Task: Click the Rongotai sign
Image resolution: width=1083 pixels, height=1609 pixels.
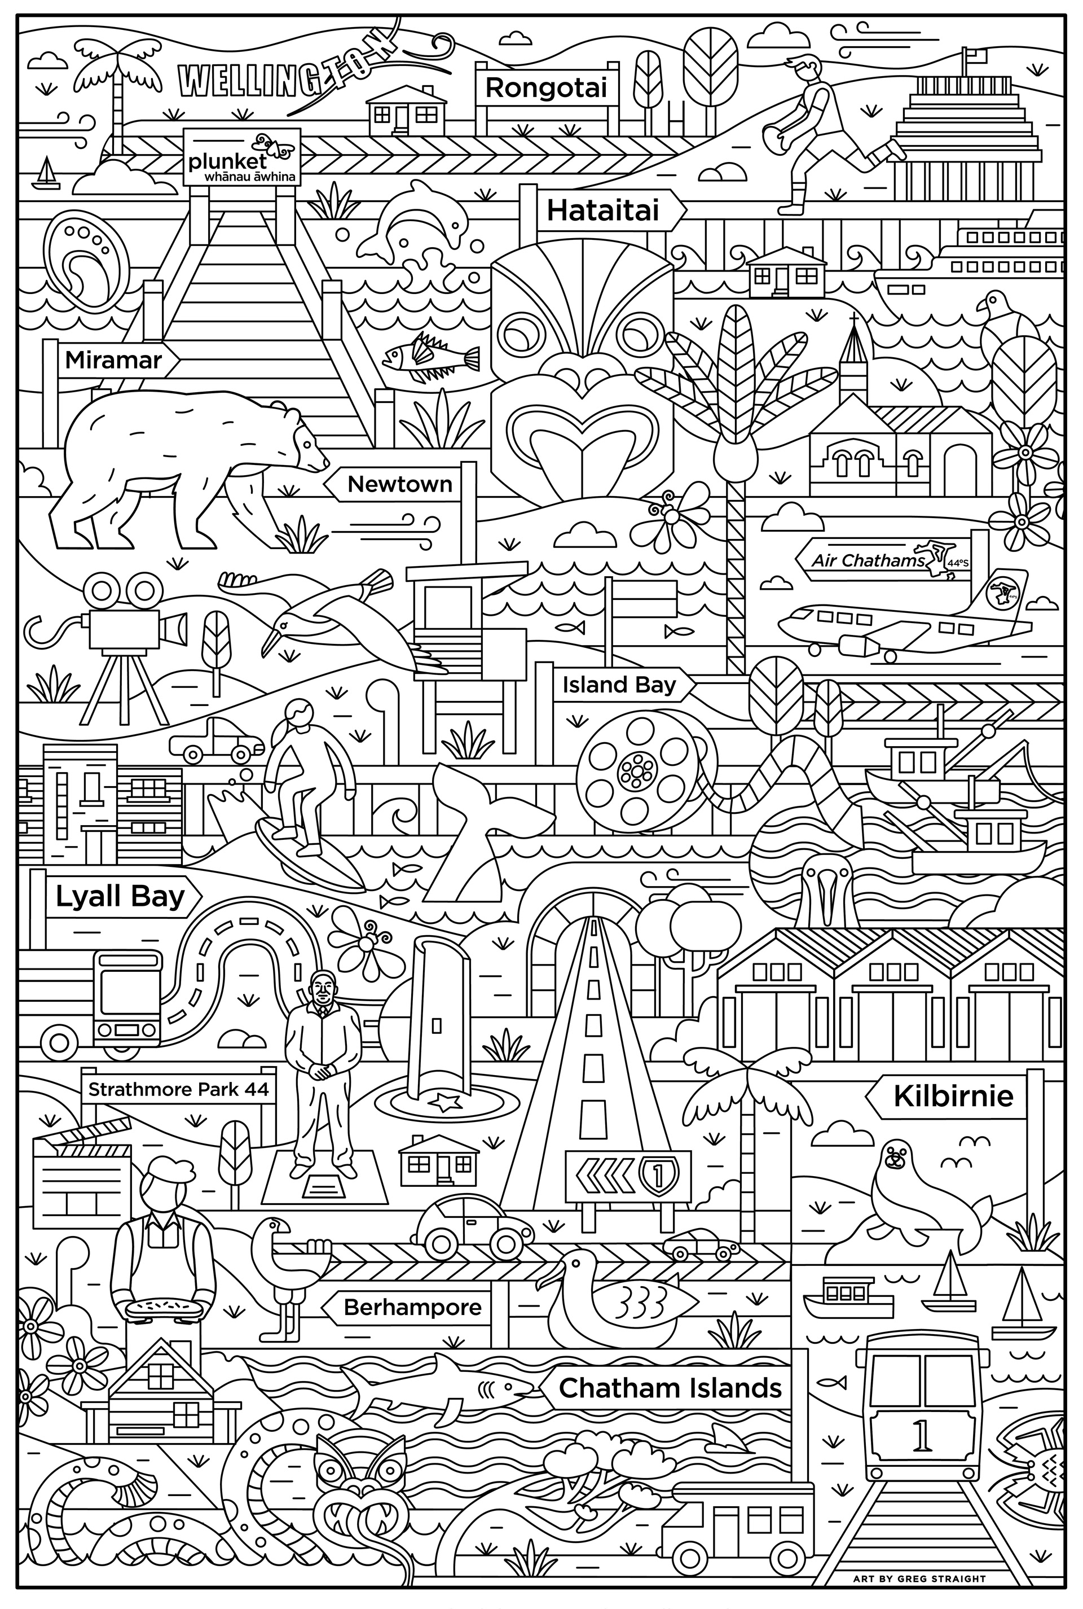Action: pos(545,87)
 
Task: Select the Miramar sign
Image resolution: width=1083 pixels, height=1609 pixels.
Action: pos(113,360)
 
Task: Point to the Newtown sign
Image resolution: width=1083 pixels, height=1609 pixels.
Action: pos(399,484)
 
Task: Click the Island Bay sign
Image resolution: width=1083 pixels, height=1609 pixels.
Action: pos(619,685)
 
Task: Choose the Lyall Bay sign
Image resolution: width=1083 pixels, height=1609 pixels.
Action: pos(119,897)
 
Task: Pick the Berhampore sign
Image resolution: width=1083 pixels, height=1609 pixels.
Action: pos(412,1307)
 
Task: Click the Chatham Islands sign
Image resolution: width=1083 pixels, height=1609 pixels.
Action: pos(670,1387)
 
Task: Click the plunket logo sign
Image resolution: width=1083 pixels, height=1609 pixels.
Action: pos(242,157)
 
